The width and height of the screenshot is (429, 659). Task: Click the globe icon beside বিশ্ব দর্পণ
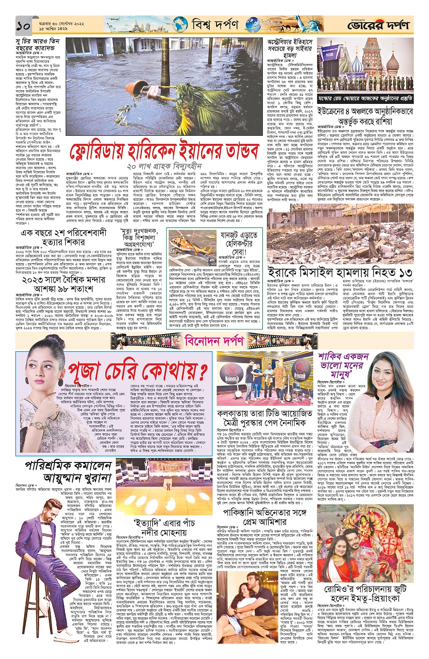coord(179,25)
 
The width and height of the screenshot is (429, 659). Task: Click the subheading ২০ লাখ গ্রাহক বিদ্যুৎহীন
coord(164,166)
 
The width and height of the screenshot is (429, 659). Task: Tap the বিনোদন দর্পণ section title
coord(215,340)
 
